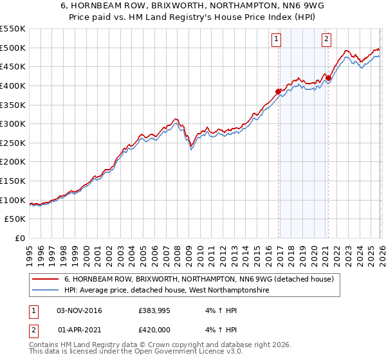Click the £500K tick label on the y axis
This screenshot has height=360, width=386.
click(x=13, y=48)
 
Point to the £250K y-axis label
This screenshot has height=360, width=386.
click(x=13, y=143)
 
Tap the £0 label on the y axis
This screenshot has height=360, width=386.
click(x=20, y=238)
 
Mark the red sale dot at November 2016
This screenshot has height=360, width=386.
click(x=279, y=91)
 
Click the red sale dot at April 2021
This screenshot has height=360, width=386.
click(x=328, y=78)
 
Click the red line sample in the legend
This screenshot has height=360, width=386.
click(x=46, y=280)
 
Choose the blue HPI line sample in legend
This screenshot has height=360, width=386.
click(x=46, y=291)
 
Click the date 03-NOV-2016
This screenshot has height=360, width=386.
click(x=80, y=310)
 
